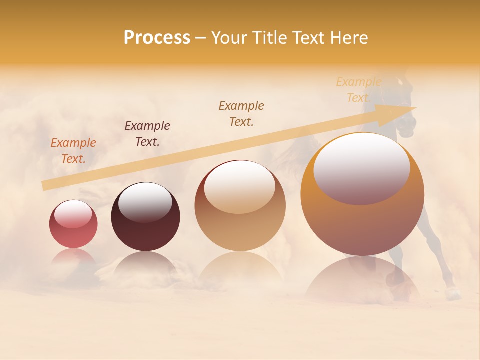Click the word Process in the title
point(157,38)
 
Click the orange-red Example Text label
point(73,150)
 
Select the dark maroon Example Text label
point(147,133)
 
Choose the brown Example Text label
point(241,113)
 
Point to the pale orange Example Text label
point(358,90)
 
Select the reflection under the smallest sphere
point(73,256)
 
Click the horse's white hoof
point(453,294)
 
